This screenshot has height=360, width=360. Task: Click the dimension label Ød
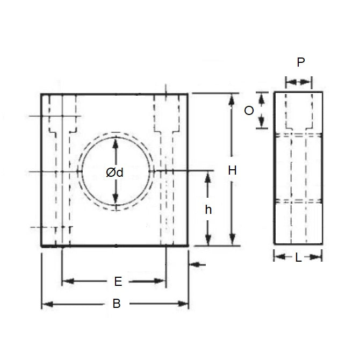click(x=115, y=172)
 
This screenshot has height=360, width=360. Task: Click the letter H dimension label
click(x=232, y=170)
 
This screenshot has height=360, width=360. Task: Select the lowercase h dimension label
click(x=208, y=210)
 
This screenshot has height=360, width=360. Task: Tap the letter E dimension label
click(x=118, y=281)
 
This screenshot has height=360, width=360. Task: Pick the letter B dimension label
click(x=116, y=304)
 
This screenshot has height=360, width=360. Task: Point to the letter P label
click(x=300, y=62)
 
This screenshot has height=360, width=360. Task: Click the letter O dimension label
click(x=249, y=111)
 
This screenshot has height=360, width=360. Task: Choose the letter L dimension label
click(x=298, y=258)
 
